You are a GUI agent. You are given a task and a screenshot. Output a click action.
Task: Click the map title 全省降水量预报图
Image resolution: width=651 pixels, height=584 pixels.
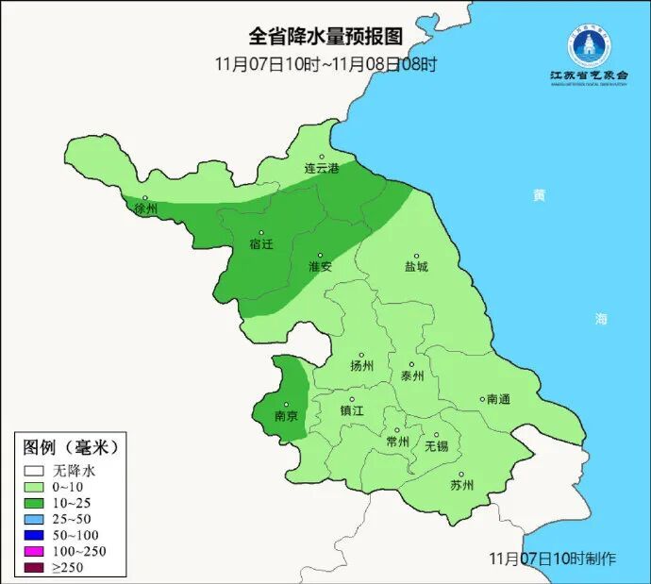click(325, 37)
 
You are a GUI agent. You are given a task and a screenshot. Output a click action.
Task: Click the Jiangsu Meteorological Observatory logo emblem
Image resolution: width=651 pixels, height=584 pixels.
click(589, 45)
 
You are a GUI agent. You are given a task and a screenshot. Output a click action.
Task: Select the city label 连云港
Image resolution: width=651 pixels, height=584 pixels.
click(321, 168)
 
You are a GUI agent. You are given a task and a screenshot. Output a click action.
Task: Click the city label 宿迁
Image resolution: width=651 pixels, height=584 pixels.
click(261, 243)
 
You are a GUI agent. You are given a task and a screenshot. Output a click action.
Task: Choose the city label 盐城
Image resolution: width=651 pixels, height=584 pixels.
click(416, 266)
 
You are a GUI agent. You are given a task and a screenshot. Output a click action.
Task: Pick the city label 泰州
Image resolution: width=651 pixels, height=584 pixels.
click(412, 375)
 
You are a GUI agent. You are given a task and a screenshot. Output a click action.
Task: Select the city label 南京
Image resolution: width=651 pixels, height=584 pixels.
click(286, 415)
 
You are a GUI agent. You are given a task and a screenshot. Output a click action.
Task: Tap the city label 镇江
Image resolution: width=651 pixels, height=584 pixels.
click(351, 410)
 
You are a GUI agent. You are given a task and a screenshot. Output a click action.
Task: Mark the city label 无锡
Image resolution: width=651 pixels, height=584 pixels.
click(436, 444)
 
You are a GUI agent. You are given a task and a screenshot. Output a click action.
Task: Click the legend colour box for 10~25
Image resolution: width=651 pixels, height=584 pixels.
click(35, 503)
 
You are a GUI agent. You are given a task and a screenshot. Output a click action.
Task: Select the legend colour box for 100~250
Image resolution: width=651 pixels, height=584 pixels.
click(35, 551)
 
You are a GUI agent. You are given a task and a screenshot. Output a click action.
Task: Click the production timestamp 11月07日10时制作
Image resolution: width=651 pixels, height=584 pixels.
click(554, 559)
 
